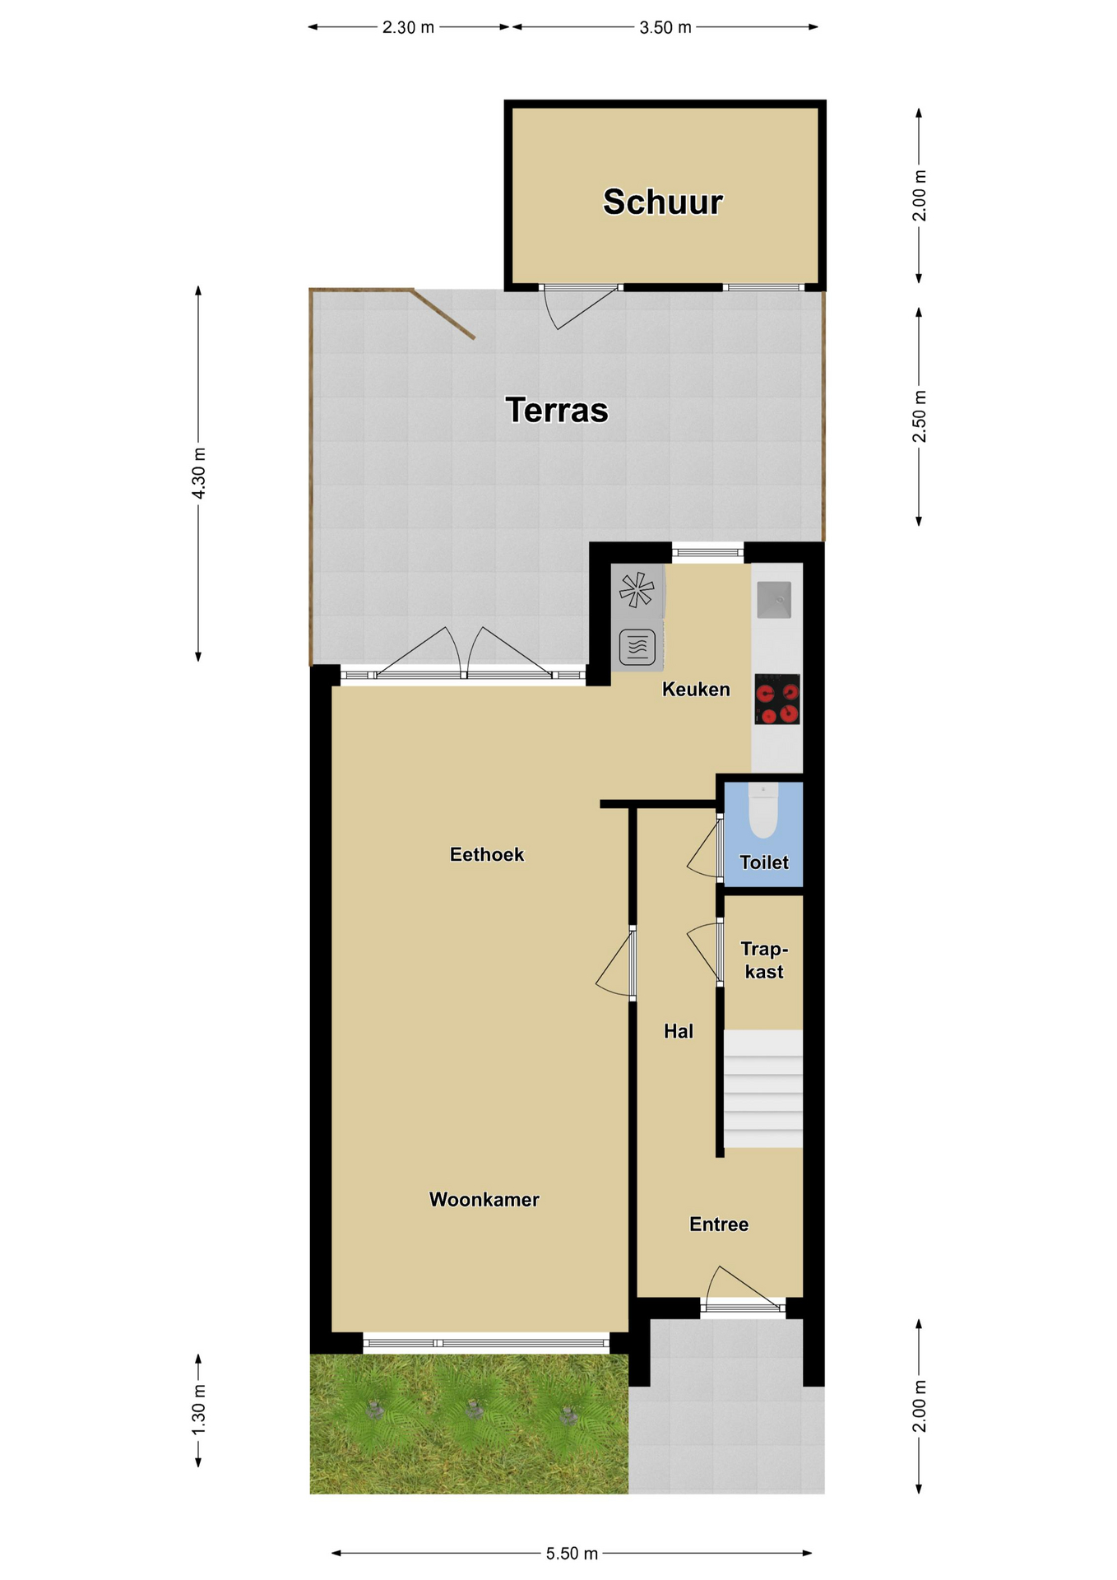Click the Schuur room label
tap(662, 202)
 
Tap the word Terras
tap(557, 410)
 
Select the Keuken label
tap(696, 690)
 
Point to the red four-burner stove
tap(777, 699)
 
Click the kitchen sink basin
tap(774, 599)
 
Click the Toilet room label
tap(764, 862)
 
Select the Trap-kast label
tap(764, 960)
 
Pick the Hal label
tap(679, 1031)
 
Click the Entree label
tap(719, 1224)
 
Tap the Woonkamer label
tap(484, 1200)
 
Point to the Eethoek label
tap(487, 855)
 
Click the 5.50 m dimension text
tap(572, 1554)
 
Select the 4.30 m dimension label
tap(198, 473)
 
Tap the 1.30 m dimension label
tap(198, 1410)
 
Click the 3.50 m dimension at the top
tap(665, 27)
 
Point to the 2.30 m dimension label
tap(408, 27)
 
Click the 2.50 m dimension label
tap(920, 416)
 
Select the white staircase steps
tap(763, 1089)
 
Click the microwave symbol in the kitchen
tap(637, 647)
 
